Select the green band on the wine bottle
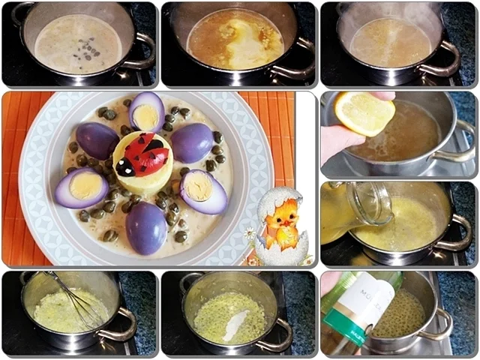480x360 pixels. pos(346,335)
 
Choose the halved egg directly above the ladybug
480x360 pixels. pos(146,112)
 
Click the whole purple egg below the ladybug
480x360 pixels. pos(146,227)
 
